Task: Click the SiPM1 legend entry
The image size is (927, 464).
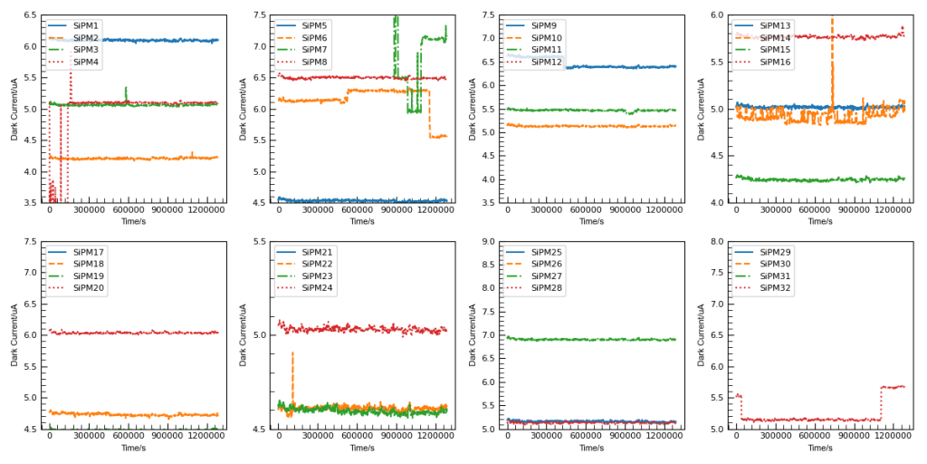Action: point(86,25)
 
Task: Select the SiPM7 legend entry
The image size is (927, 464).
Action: point(315,50)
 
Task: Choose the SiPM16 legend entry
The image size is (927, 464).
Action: point(775,62)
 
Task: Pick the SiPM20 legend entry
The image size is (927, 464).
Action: point(86,288)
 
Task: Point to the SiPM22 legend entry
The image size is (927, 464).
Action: point(317,264)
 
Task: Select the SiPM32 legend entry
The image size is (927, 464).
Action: point(775,288)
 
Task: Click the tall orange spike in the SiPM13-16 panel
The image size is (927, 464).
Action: point(832,20)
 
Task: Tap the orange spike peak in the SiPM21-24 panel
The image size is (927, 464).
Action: point(292,353)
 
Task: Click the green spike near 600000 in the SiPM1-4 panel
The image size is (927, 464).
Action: point(125,89)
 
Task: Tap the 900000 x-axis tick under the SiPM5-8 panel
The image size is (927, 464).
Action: point(396,210)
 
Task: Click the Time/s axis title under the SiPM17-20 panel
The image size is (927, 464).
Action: point(133,448)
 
